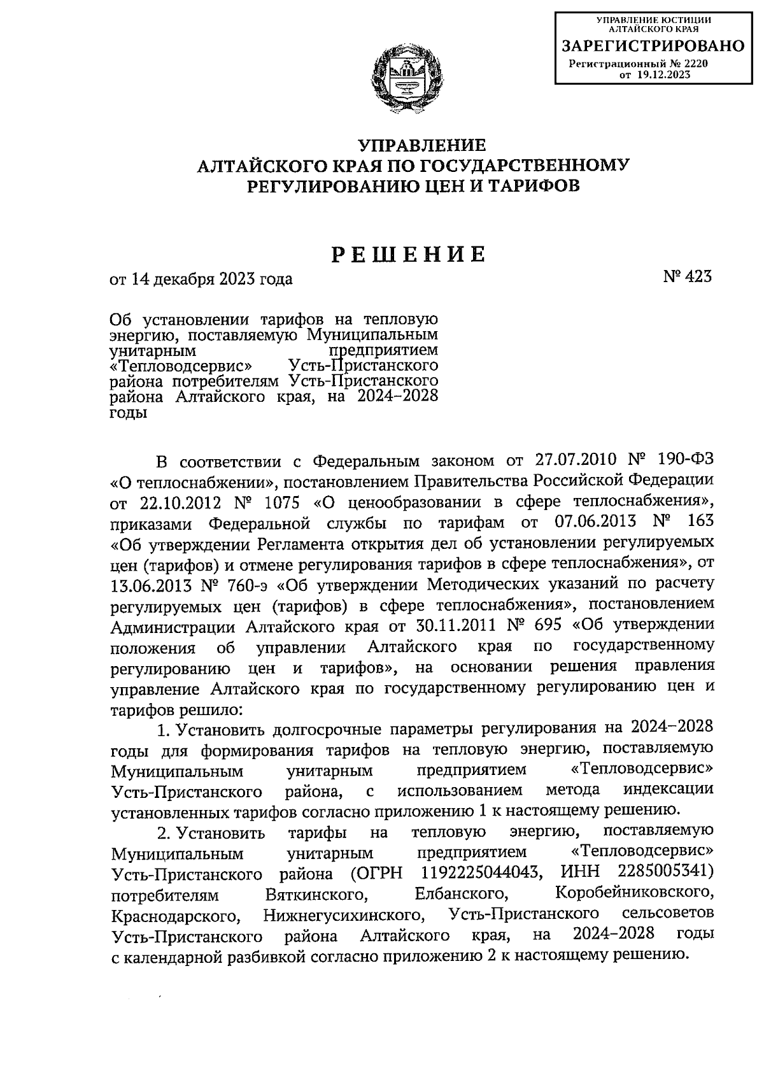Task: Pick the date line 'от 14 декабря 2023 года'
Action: point(201,279)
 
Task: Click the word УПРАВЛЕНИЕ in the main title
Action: point(414,145)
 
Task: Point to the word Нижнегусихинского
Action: point(343,915)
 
